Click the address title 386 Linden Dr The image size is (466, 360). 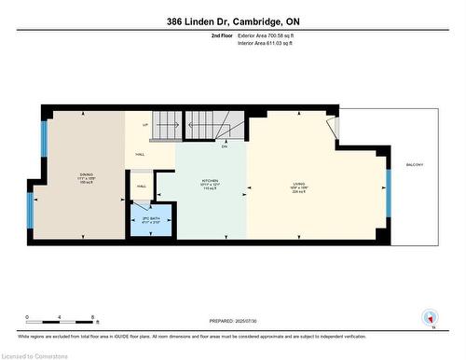[x=232, y=21]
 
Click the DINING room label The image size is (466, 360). [x=86, y=175]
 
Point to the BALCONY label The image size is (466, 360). [x=415, y=165]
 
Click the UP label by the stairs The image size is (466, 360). [x=144, y=125]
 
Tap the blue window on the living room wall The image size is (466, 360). [x=389, y=190]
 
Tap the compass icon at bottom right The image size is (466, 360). [x=430, y=317]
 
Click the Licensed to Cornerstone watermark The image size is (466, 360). [x=37, y=354]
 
